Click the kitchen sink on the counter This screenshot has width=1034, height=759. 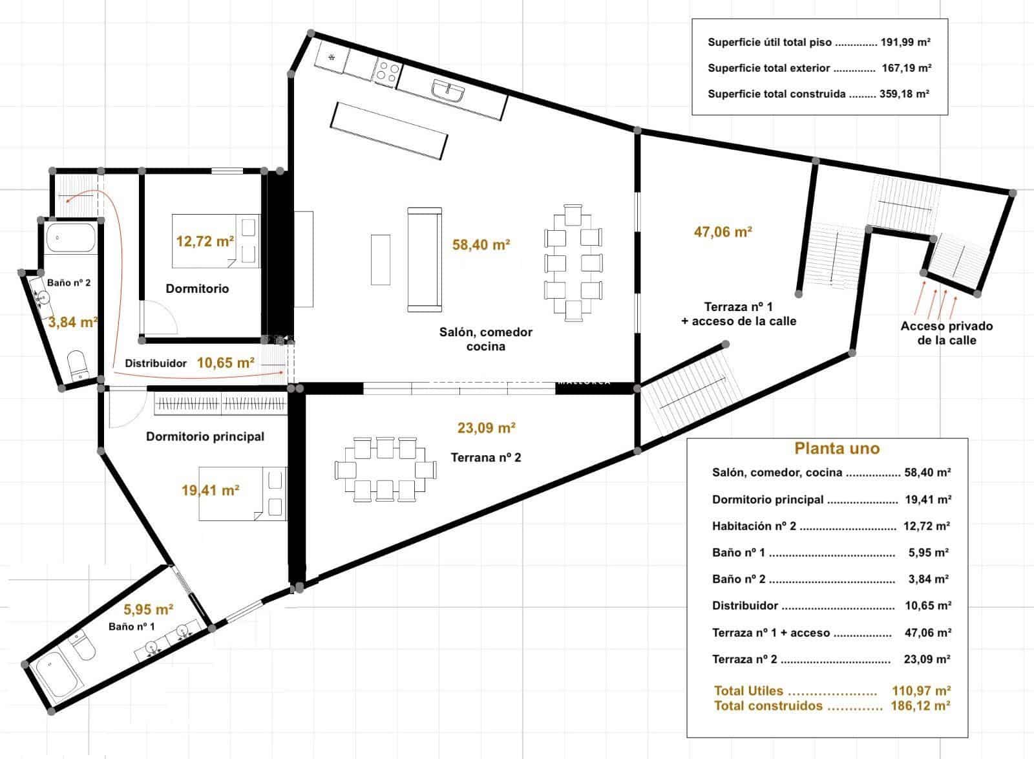coord(448,92)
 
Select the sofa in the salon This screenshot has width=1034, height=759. coord(425,259)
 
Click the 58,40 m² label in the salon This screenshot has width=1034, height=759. coord(481,244)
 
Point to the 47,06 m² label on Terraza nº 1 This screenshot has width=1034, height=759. coord(723,231)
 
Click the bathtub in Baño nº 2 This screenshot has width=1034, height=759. coord(70,237)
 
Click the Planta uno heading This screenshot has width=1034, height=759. coord(836,448)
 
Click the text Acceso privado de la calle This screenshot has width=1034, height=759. coord(946,333)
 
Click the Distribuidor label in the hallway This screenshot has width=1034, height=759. coord(156,363)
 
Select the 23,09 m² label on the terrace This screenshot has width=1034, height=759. coord(486,427)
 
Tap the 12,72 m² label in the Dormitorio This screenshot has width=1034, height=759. coord(205,242)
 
